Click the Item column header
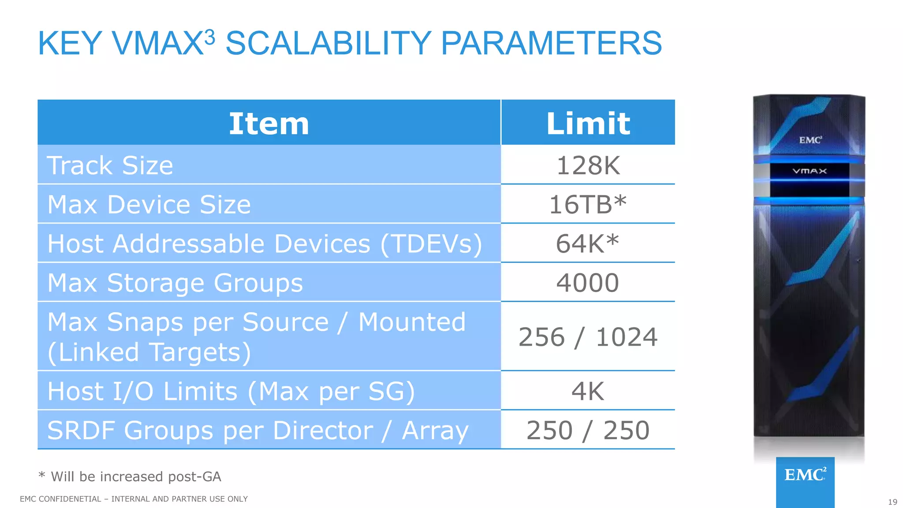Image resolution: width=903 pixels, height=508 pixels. (269, 123)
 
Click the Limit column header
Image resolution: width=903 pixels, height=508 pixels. (588, 123)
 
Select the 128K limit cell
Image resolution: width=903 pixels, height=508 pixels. (588, 165)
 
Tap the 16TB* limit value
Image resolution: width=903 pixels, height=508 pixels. (588, 205)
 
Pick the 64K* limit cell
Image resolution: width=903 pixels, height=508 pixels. (588, 243)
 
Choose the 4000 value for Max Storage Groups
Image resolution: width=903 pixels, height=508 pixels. (588, 283)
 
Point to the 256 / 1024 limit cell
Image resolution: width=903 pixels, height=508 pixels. (588, 337)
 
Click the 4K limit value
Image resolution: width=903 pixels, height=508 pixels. (588, 391)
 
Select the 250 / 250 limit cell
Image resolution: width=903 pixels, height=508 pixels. (588, 430)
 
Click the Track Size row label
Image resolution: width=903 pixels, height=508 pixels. (110, 165)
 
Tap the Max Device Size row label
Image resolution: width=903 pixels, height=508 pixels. (149, 205)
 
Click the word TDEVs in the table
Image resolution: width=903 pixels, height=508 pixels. (431, 244)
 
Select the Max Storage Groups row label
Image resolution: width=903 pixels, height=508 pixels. (175, 283)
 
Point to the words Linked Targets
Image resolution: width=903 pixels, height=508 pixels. (149, 352)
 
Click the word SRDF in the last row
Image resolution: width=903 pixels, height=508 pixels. (82, 430)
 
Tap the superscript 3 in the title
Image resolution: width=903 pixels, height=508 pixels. (210, 37)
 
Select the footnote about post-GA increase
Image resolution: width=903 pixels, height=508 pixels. (130, 476)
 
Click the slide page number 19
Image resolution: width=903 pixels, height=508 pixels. (892, 502)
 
